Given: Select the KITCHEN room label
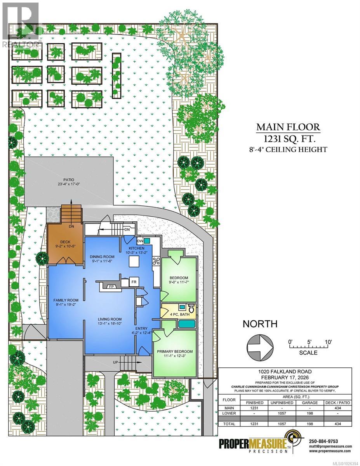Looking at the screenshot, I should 134,248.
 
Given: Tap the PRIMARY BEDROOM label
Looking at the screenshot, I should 175,351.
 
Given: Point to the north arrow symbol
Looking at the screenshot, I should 260,343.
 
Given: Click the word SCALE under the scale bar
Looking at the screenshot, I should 309,353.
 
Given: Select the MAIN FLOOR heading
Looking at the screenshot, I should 288,127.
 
